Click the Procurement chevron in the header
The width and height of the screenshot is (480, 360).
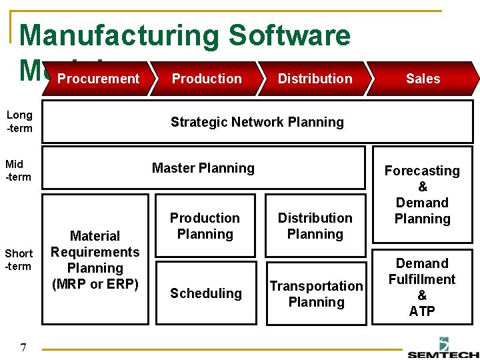coord(98,79)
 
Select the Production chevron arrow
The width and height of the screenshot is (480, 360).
coord(207,79)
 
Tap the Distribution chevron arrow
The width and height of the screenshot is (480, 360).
coord(315,79)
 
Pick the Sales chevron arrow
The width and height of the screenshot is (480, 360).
coord(423,79)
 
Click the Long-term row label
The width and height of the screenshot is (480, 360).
coord(19,121)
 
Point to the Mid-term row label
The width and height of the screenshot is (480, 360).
coord(19,170)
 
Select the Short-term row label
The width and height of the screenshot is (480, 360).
coord(19,260)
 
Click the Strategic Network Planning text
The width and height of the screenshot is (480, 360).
coord(257,122)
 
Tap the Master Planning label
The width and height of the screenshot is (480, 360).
coord(203,168)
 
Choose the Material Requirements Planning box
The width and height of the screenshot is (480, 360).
coord(95,260)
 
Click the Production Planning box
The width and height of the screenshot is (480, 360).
coord(205,226)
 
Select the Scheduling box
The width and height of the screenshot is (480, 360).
coord(206,293)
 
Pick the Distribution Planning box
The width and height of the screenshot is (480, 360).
coord(315,226)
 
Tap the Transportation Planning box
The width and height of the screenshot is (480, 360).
coord(316,294)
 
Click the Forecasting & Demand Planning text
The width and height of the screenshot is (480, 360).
coord(422,195)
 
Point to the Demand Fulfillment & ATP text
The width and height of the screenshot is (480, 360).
coord(422,287)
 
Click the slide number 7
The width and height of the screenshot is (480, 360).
coord(23,347)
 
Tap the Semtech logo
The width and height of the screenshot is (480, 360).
coord(443,349)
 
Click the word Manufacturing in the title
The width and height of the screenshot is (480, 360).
coord(119,35)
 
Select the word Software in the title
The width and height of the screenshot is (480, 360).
coord(287,35)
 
